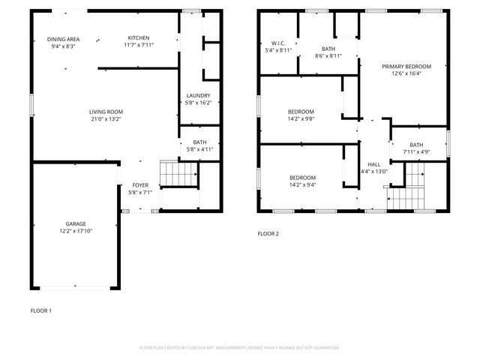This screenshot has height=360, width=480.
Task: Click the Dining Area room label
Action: tap(64, 38)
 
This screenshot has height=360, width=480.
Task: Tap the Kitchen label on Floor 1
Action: tap(138, 38)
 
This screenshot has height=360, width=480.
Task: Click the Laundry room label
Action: tap(199, 96)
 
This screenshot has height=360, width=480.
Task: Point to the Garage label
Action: tap(75, 223)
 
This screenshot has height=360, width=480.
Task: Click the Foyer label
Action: tap(141, 184)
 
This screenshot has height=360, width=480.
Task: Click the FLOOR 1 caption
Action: tap(41, 310)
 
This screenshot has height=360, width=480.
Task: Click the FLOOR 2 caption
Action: tap(268, 234)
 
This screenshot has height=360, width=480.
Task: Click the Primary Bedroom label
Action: tap(406, 66)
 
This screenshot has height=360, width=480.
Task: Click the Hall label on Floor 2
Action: tap(373, 164)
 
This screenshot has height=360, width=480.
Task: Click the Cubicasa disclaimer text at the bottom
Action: tap(240, 347)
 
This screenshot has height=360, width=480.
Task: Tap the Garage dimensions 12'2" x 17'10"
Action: tap(75, 231)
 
